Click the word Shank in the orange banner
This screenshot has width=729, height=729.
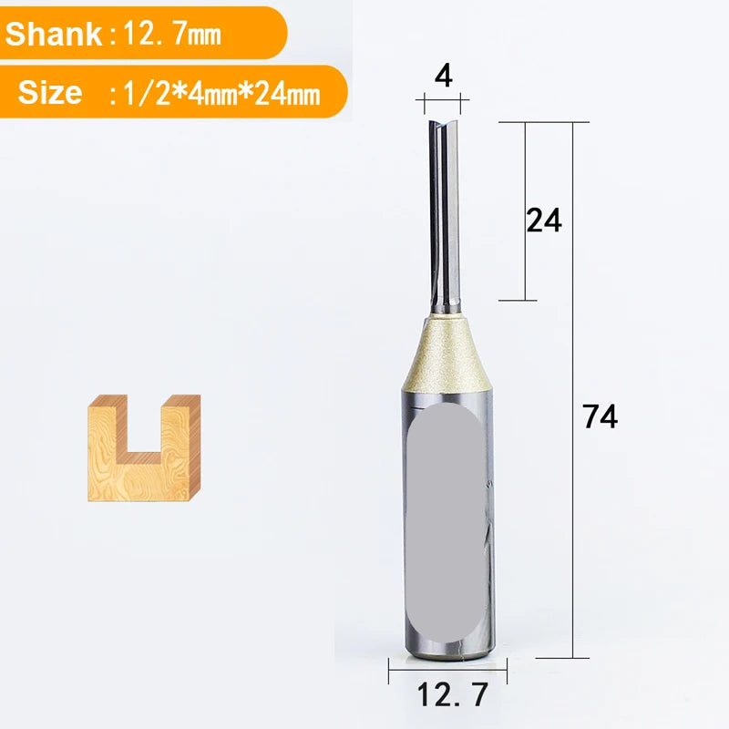click(54, 34)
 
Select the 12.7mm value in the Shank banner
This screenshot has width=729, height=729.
click(171, 35)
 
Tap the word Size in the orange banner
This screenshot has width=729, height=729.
click(50, 92)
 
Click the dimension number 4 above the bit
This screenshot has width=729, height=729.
click(444, 76)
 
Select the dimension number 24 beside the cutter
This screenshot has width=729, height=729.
click(544, 220)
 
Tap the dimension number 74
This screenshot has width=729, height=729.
click(601, 416)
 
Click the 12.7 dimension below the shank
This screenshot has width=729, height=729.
click(452, 694)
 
